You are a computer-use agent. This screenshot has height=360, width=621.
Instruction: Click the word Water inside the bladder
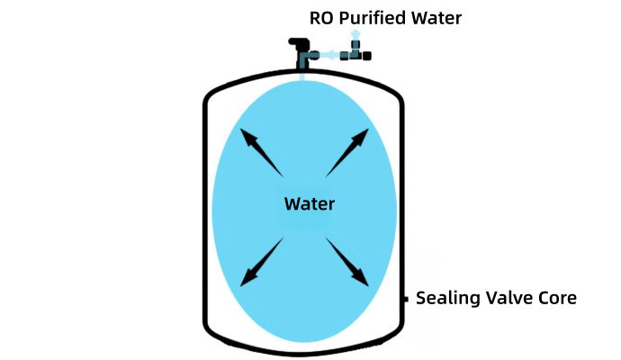point(309,203)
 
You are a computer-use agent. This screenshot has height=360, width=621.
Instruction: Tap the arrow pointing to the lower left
point(262,261)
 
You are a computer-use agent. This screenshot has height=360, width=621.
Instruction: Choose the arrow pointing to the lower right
point(347,262)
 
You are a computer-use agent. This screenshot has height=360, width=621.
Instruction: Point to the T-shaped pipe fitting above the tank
point(355,52)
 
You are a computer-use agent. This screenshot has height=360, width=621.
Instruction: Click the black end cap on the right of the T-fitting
point(369,55)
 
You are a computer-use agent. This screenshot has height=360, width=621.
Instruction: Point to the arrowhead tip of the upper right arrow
point(367,130)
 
